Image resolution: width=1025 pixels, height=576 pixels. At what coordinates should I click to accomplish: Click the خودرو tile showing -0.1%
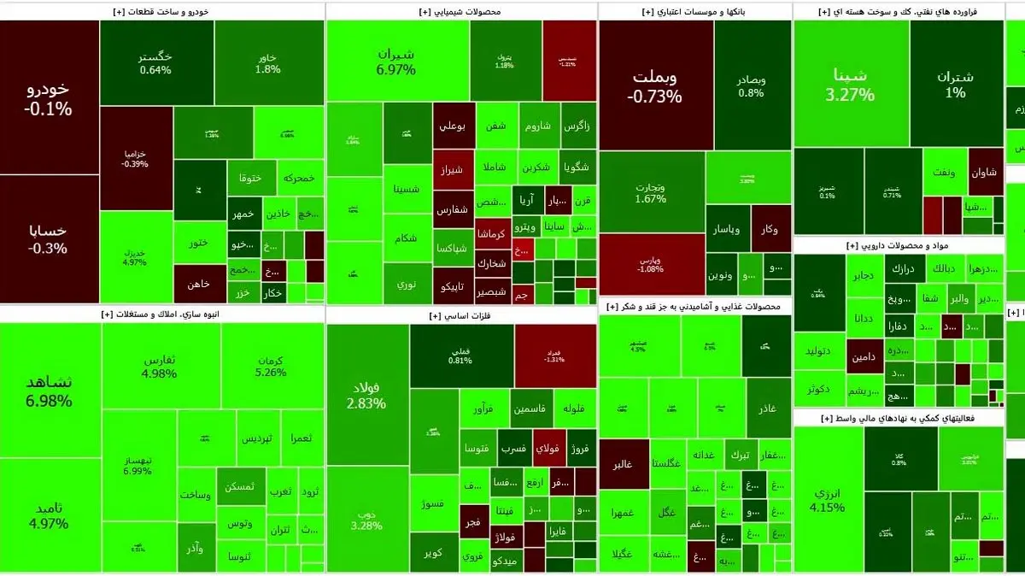point(49,98)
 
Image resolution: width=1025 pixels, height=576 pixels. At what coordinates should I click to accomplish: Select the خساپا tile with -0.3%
point(49,239)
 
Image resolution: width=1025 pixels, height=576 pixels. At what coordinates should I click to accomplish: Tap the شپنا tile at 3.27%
point(850,84)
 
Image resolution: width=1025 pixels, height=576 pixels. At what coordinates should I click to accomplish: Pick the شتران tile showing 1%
point(955,84)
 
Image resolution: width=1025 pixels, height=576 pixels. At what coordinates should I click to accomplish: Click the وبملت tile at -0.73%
point(655,85)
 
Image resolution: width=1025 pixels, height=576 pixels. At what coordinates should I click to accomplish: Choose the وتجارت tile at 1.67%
point(651,192)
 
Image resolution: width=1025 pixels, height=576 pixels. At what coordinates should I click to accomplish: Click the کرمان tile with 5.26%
point(271,366)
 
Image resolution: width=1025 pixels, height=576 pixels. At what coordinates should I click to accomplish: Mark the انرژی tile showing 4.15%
point(828,500)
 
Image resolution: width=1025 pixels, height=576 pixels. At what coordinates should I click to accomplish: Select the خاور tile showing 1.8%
point(268,63)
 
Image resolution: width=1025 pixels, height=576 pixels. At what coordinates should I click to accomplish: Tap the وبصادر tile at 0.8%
point(752,85)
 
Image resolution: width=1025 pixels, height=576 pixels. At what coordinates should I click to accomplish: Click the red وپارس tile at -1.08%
point(651,263)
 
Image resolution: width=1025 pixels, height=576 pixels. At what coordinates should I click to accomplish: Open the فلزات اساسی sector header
point(461,315)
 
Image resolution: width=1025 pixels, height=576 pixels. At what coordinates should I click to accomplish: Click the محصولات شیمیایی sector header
point(461,12)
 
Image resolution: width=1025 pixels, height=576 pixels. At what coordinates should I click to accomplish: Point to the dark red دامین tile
point(865,356)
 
